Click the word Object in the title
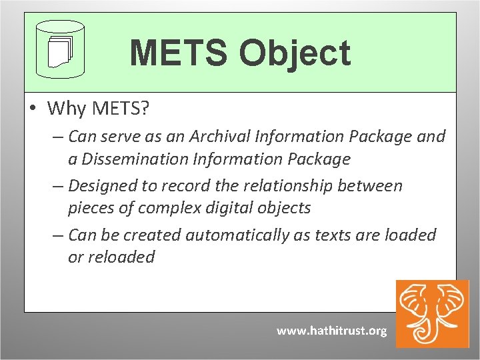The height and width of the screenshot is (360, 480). tap(297, 53)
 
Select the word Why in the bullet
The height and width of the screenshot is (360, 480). tap(63, 107)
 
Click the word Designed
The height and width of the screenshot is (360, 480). tap(103, 185)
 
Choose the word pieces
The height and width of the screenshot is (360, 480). tap(92, 208)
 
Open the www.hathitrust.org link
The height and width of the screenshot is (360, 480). tap(331, 331)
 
